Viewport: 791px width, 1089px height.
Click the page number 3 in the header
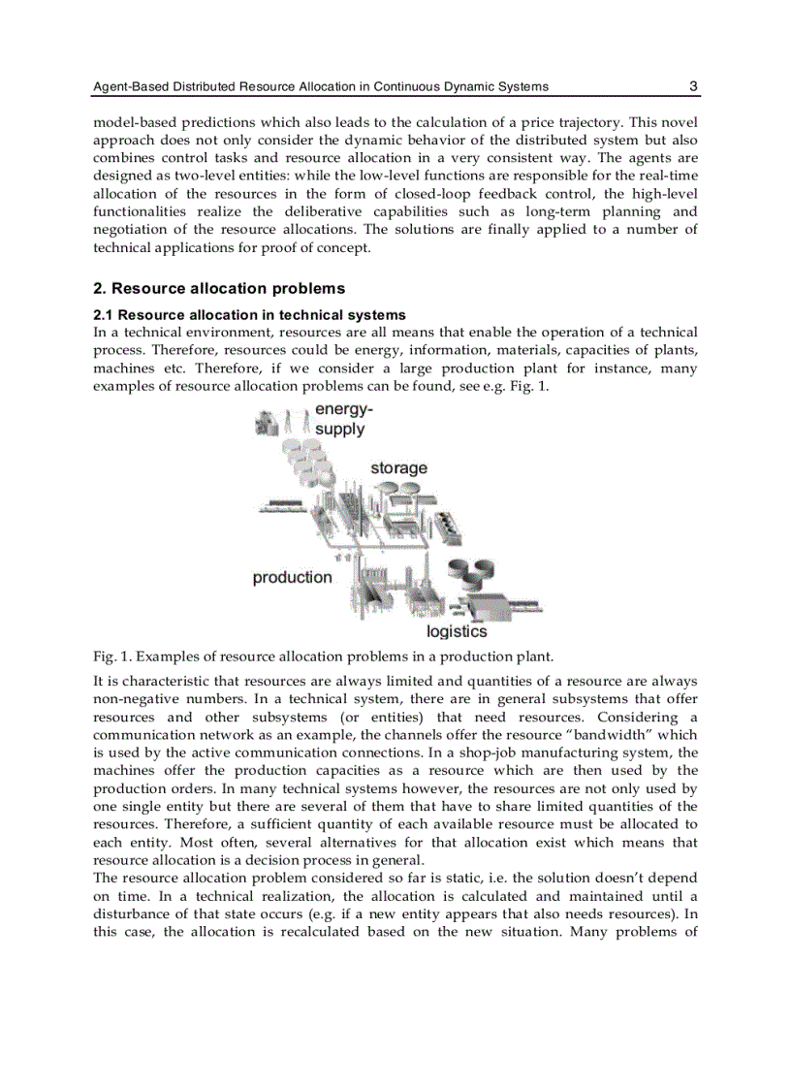tap(693, 86)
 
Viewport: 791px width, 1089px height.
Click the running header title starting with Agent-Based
tap(320, 87)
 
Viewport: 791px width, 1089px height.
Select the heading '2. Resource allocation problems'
tap(218, 288)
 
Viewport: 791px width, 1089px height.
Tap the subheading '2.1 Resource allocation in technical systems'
tap(249, 315)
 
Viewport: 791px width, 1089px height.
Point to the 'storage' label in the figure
tap(398, 468)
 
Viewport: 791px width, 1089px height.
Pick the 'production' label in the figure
tap(292, 578)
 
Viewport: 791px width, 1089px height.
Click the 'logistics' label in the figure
tap(457, 631)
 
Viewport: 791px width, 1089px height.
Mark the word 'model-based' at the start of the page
tap(132, 122)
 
